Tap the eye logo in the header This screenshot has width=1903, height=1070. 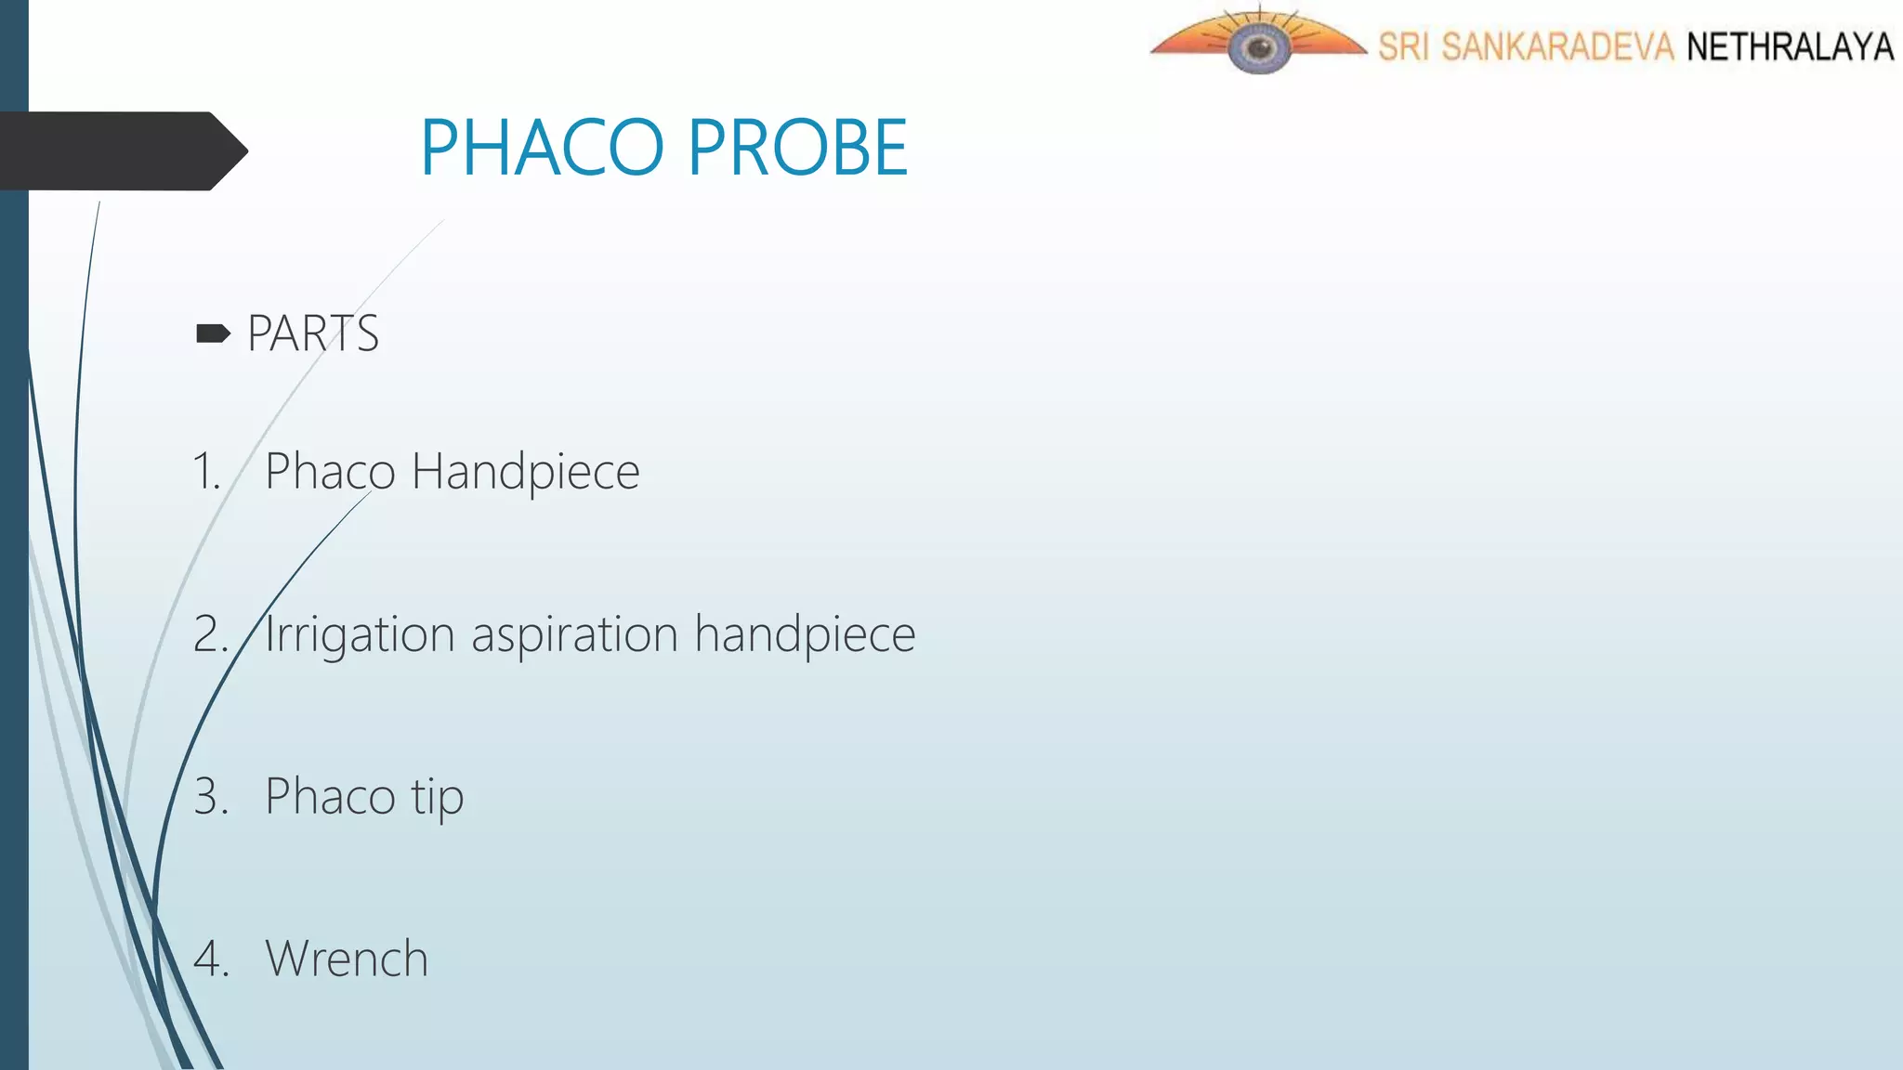[x=1258, y=45]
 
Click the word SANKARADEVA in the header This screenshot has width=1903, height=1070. [x=1557, y=46]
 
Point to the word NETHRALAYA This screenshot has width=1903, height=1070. [x=1790, y=46]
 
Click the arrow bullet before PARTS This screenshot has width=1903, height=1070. [x=213, y=333]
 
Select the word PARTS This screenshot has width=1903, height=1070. [x=313, y=333]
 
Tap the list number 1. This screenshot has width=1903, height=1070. [x=206, y=471]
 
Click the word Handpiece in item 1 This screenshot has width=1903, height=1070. [x=525, y=472]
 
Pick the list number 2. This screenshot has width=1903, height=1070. [x=210, y=634]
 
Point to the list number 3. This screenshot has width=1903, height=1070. [x=210, y=797]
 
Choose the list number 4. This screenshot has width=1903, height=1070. [x=210, y=959]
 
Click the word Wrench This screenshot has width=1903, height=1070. [x=347, y=959]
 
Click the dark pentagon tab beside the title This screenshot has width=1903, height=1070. [x=121, y=150]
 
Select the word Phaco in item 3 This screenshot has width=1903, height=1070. [x=330, y=797]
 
